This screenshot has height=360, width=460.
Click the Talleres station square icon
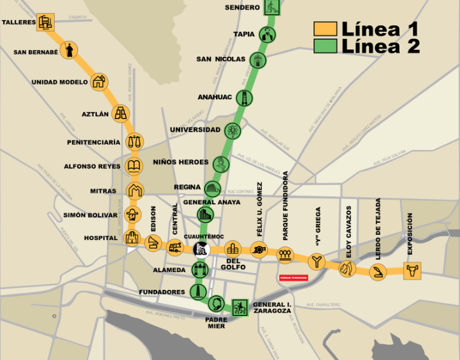pos(45,22)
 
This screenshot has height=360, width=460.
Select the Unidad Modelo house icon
pos(98,82)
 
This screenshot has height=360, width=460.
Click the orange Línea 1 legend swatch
pos(325,29)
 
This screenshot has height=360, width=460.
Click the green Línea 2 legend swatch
pos(325,46)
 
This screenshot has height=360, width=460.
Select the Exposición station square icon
pos(412,271)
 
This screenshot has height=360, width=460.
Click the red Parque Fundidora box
pos(293,278)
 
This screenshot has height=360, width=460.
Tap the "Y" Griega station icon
pos(316,262)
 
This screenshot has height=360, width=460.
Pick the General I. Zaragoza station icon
pos(240,307)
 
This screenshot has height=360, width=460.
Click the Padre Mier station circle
pos(216,303)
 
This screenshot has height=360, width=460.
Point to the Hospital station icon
pos(132,238)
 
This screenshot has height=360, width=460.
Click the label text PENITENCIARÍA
pos(93,142)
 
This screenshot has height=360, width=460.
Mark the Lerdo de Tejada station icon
pos(378,273)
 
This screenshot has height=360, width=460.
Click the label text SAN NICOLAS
pos(220,59)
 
